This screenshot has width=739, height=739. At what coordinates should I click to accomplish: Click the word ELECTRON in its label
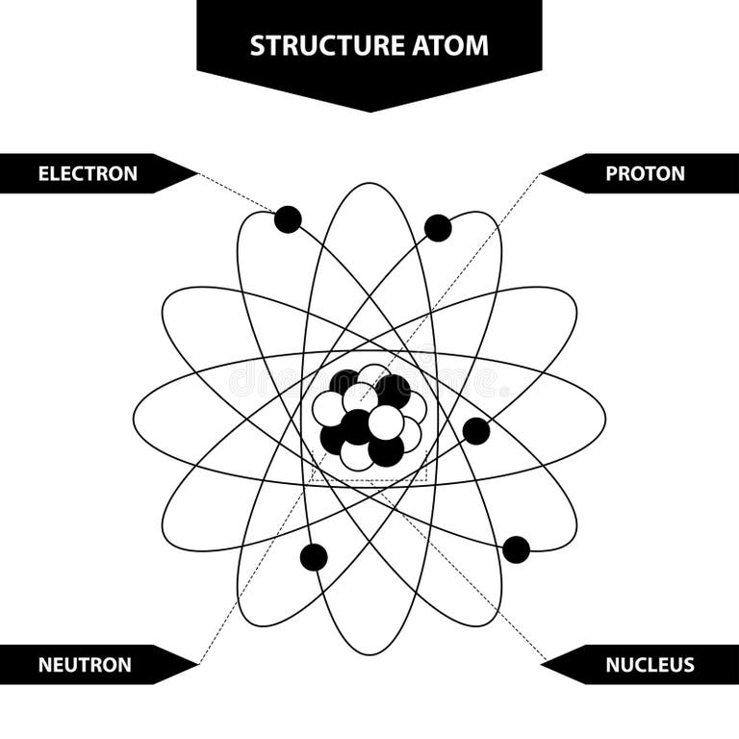pyautogui.click(x=88, y=174)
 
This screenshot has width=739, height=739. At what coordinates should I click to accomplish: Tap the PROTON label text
pyautogui.click(x=645, y=174)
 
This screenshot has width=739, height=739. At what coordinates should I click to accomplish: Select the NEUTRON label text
pyautogui.click(x=85, y=665)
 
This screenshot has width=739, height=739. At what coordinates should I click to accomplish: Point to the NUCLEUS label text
pyautogui.click(x=650, y=665)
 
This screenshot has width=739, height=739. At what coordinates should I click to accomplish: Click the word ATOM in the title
pyautogui.click(x=452, y=45)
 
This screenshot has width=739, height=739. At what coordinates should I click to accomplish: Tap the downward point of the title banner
pyautogui.click(x=369, y=111)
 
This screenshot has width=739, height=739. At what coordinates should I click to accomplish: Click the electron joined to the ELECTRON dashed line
pyautogui.click(x=288, y=219)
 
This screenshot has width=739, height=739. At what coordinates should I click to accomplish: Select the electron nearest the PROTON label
pyautogui.click(x=438, y=228)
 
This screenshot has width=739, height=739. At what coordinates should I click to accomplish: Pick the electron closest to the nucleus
pyautogui.click(x=476, y=431)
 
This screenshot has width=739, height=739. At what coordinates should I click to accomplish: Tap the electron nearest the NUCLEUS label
pyautogui.click(x=516, y=549)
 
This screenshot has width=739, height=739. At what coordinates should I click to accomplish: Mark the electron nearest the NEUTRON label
pyautogui.click(x=314, y=557)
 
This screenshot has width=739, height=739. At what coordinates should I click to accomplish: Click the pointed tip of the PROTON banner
pyautogui.click(x=542, y=174)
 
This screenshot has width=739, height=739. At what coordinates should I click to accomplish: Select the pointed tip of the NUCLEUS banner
pyautogui.click(x=542, y=664)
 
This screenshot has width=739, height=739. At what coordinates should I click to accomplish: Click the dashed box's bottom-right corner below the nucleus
pyautogui.click(x=427, y=478)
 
